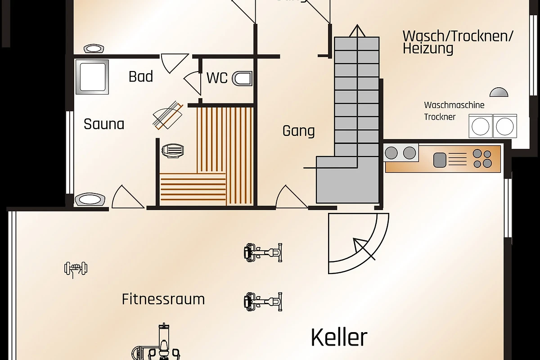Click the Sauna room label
[x=104, y=124]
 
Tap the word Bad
[x=141, y=76]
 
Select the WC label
[x=217, y=78]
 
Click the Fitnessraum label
[x=163, y=299]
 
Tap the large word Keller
[x=339, y=337]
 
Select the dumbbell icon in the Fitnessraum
[x=76, y=269]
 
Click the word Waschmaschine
[x=454, y=105]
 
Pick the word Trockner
[x=440, y=117]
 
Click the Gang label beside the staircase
[x=298, y=131]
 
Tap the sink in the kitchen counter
[x=439, y=159]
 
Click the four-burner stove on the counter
[x=482, y=158]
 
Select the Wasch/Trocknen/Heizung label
[x=458, y=42]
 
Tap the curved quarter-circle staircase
[x=358, y=243]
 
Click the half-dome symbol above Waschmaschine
[x=499, y=92]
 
